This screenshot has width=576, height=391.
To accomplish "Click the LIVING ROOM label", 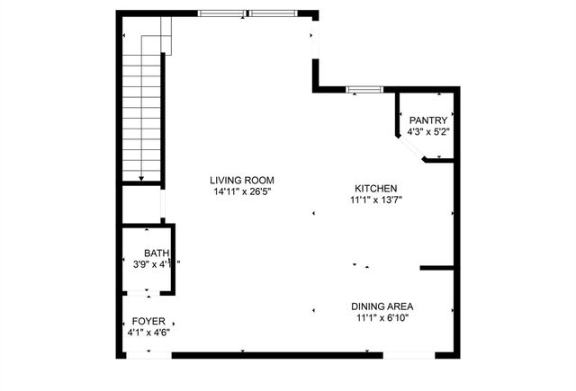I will (242, 180).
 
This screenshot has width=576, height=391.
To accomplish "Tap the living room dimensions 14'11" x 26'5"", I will (242, 191).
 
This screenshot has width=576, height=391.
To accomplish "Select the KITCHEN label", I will (375, 188).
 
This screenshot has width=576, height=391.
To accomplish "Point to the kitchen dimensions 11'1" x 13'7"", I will (375, 200).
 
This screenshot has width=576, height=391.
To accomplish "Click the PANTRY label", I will (428, 120).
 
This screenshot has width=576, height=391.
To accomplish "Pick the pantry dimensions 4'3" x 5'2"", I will (428, 132).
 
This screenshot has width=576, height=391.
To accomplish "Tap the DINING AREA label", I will (382, 307).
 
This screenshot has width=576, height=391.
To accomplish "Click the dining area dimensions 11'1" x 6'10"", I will (382, 318).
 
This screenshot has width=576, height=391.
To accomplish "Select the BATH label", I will (156, 253).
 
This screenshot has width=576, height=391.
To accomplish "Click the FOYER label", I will (148, 321).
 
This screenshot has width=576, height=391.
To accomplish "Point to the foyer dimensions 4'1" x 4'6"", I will (148, 333).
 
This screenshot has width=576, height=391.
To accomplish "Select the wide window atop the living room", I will (249, 13).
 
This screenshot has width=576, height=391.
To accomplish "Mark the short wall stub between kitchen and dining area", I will (437, 267).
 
